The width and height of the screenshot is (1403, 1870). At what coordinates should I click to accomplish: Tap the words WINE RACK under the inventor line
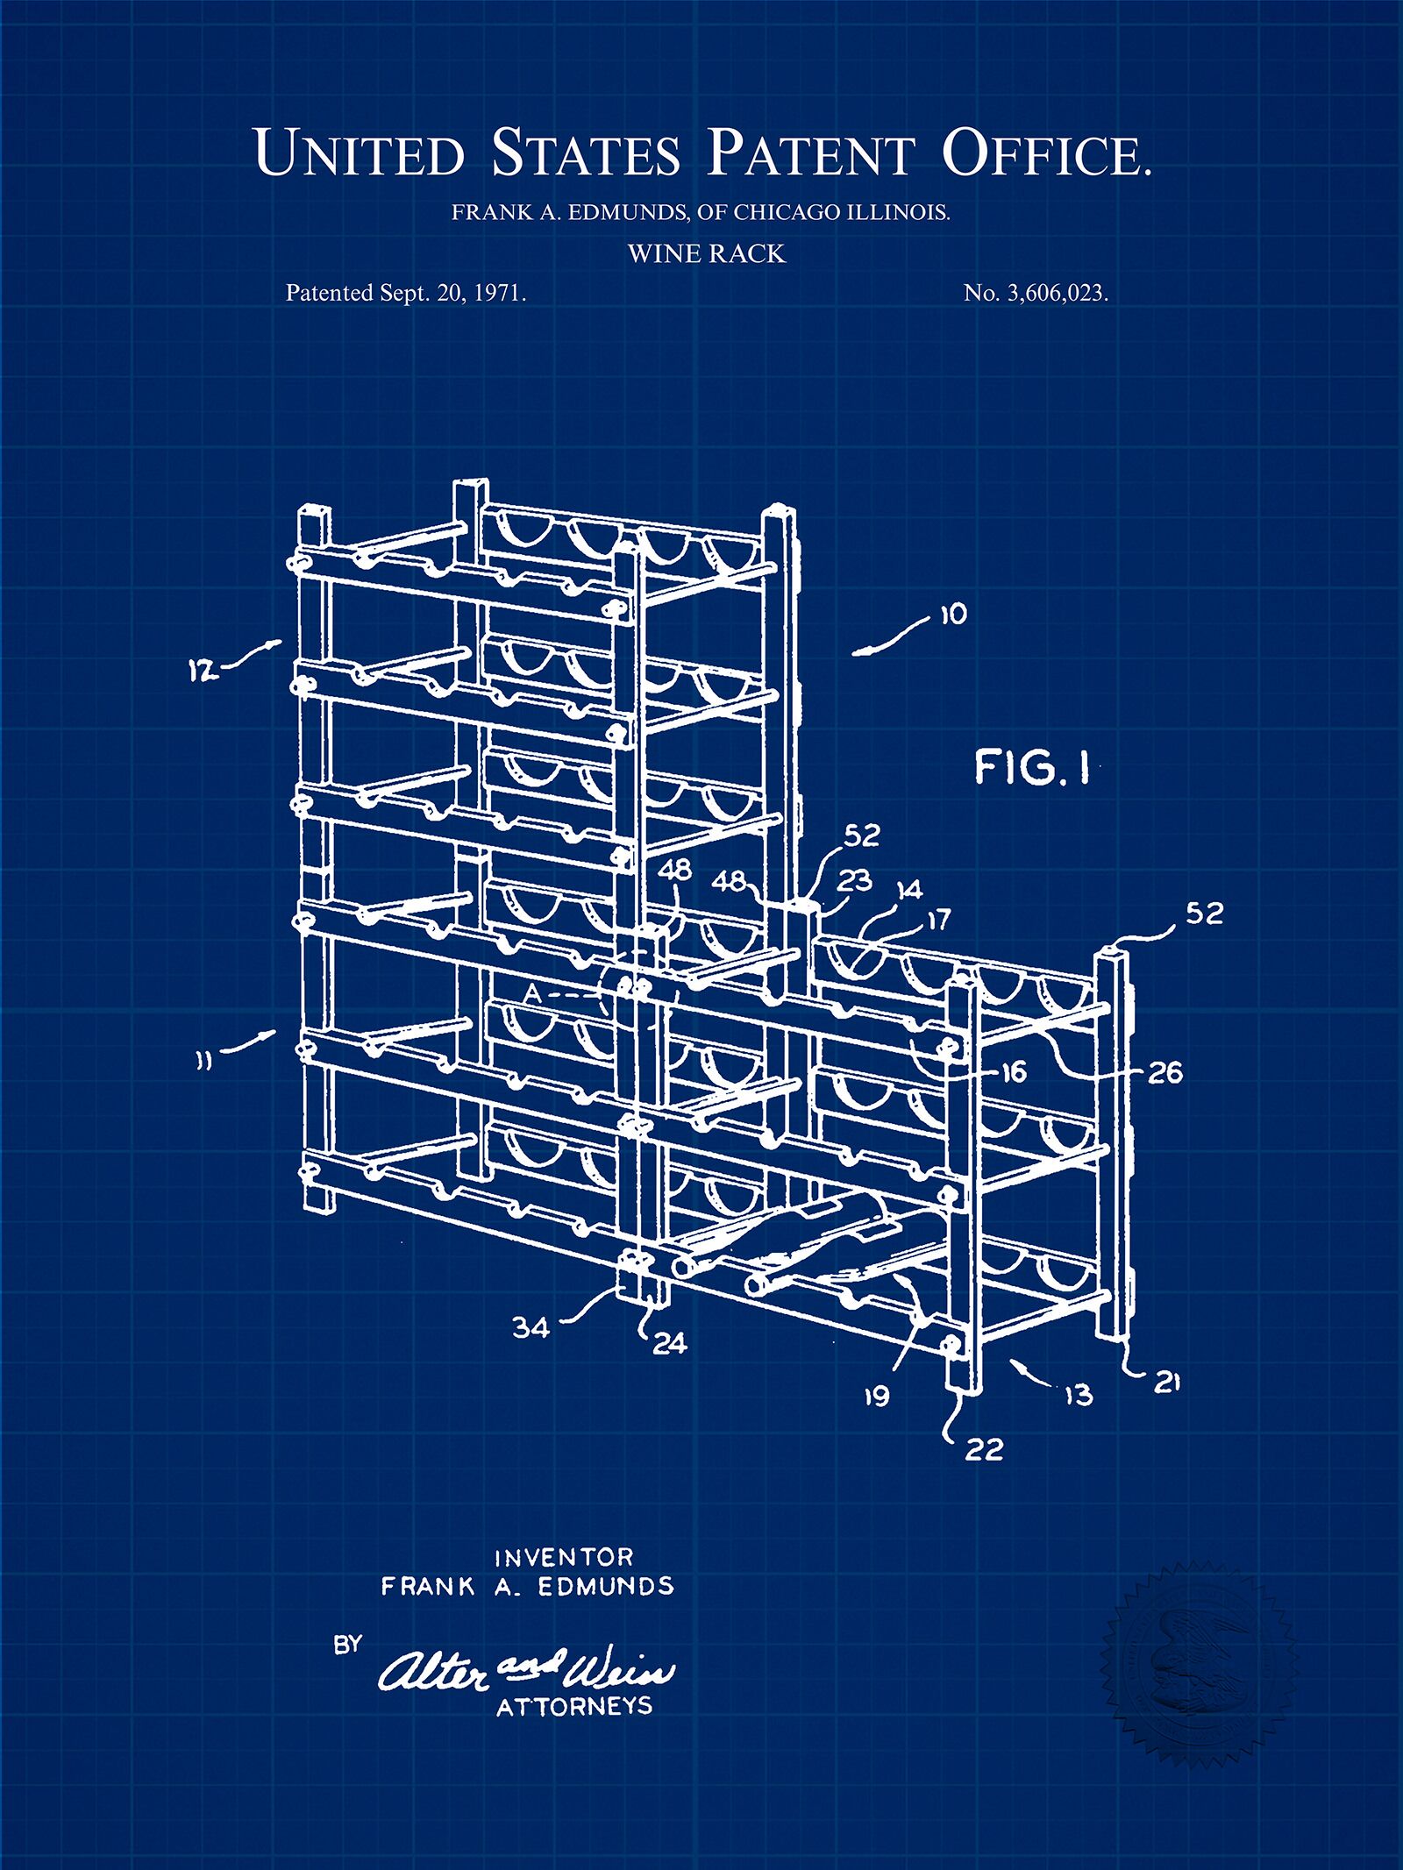(706, 254)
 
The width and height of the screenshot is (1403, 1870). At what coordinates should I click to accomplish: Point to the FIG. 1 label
(1032, 767)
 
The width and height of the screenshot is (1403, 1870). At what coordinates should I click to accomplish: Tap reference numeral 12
(203, 672)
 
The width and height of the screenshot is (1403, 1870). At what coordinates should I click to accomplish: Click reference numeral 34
(531, 1327)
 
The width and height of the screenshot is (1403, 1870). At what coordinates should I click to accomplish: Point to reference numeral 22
(983, 1449)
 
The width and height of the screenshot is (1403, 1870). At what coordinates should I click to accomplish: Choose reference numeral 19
(877, 1396)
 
